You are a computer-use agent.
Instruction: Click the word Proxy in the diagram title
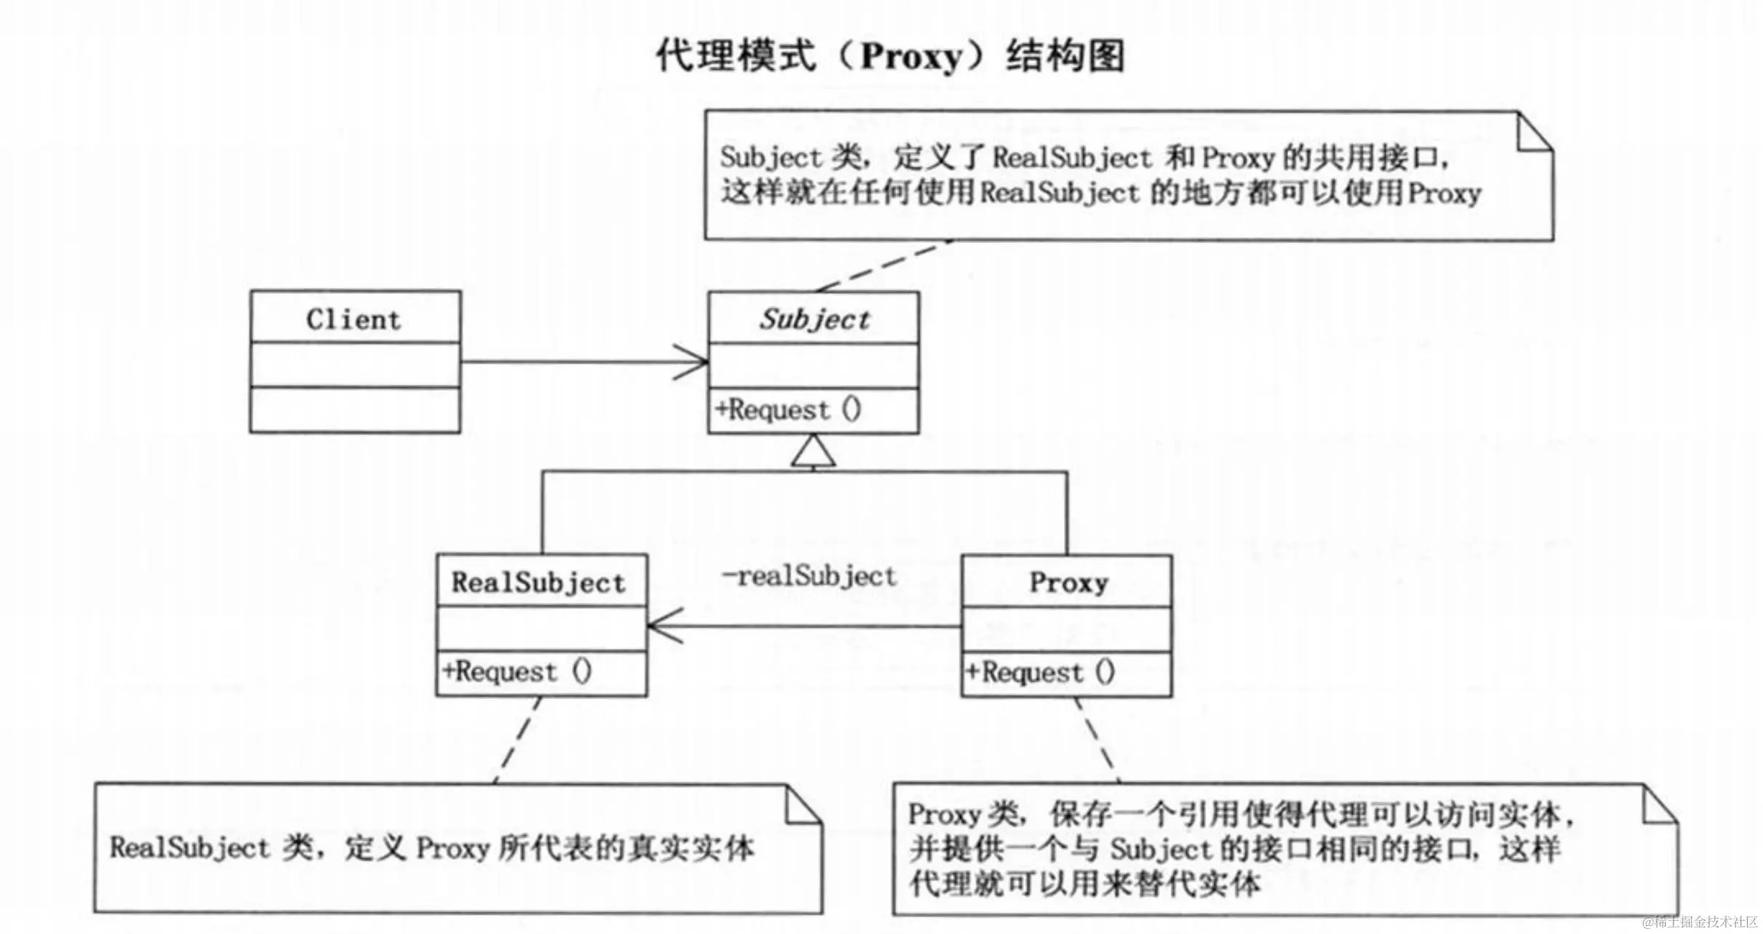[x=912, y=57]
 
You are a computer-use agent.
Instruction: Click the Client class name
[x=353, y=319]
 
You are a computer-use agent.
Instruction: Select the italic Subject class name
[x=815, y=319]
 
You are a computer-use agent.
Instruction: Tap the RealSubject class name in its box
[x=538, y=583]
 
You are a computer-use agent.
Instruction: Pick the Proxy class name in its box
[x=1068, y=583]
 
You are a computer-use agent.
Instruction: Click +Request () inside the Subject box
[x=788, y=410]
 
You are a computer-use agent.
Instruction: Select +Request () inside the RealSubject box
[x=518, y=671]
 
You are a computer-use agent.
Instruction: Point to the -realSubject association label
[x=809, y=577]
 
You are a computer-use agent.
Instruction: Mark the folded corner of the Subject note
[x=1536, y=132]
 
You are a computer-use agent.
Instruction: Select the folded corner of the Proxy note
[x=1661, y=806]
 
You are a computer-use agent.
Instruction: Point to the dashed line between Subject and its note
[x=883, y=266]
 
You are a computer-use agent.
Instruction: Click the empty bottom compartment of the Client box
[x=355, y=410]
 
